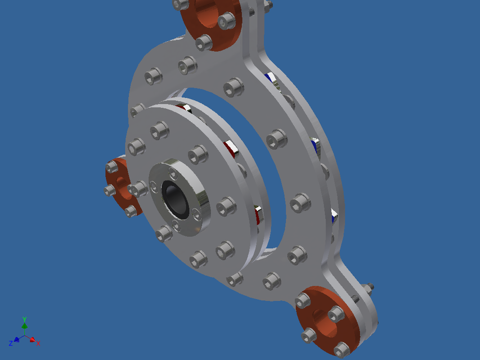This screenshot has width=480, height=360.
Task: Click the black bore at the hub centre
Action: pyautogui.click(x=175, y=198)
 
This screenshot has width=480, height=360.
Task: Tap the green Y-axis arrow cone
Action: pyautogui.click(x=24, y=326)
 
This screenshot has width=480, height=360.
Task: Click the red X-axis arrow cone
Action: pyautogui.click(x=32, y=340)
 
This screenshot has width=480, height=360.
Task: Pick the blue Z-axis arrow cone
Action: pyautogui.click(x=17, y=340)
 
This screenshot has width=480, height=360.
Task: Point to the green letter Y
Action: pyautogui.click(x=24, y=319)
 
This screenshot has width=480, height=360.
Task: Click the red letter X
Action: pyautogui.click(x=38, y=343)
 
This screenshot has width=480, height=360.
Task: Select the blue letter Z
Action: pyautogui.click(x=11, y=343)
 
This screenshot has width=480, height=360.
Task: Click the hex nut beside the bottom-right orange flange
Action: pyautogui.click(x=356, y=298)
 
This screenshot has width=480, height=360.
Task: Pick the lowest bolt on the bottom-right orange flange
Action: pyautogui.click(x=342, y=350)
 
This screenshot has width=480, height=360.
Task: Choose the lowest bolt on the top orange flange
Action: pyautogui.click(x=204, y=42)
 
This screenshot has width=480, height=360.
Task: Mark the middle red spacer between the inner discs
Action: pyautogui.click(x=231, y=148)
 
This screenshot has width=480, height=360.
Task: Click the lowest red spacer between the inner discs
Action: pyautogui.click(x=258, y=214)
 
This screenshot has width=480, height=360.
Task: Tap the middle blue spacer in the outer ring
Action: pyautogui.click(x=316, y=146)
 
